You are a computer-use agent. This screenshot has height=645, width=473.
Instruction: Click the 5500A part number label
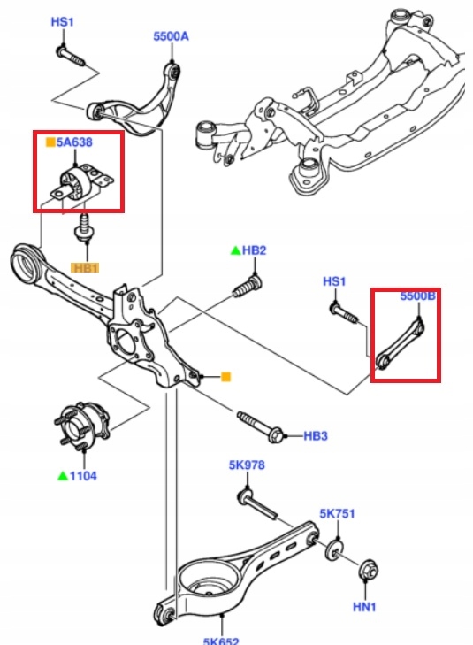(172, 37)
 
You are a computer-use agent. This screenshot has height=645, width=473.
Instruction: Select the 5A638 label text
(74, 140)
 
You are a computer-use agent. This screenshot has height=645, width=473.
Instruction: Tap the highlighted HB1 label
(87, 267)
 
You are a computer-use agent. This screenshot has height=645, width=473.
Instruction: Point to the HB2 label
(254, 251)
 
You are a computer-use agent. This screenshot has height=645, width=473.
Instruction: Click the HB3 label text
(316, 435)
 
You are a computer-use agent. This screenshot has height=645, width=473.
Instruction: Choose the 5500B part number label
(417, 296)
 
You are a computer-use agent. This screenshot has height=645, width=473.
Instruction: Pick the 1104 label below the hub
(83, 476)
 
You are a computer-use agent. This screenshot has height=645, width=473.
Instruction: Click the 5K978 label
(247, 465)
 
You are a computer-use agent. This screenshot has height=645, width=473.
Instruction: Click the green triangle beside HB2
(234, 251)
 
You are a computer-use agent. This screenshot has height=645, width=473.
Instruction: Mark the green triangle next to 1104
(62, 476)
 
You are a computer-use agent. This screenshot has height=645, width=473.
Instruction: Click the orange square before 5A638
(50, 140)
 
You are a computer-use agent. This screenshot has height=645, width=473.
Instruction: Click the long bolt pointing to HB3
(261, 426)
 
